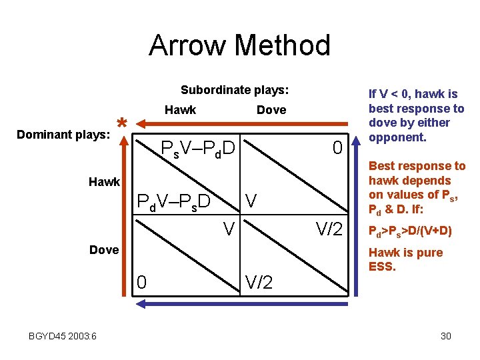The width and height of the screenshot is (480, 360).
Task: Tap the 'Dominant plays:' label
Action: coord(63,135)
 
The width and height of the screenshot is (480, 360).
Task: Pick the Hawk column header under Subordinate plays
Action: coord(180,110)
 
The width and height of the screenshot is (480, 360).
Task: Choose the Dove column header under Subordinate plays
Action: coord(271,110)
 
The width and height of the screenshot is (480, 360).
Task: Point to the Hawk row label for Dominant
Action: coord(105,181)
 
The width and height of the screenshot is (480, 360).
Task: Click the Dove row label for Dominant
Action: coord(105,250)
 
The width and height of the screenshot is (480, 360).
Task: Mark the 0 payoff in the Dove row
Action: coord(141,282)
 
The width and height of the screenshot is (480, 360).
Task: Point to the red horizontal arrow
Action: coord(240,123)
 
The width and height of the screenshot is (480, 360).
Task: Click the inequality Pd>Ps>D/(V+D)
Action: coord(410,231)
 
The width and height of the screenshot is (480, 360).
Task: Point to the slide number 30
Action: coord(445,336)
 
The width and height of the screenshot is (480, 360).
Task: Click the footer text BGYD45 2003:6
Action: coord(63,336)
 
